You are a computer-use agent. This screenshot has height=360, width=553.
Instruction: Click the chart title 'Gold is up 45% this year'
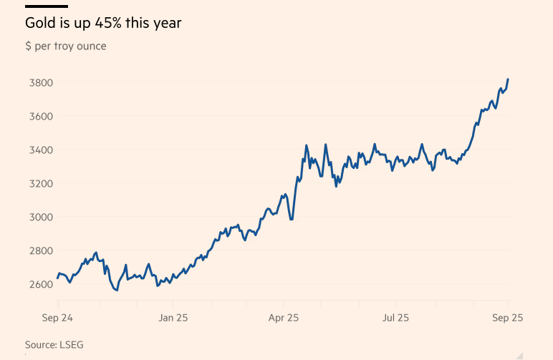click(x=103, y=24)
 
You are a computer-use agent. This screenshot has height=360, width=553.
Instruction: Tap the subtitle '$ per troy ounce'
click(x=65, y=47)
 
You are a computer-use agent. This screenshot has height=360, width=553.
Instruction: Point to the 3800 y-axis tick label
click(x=39, y=82)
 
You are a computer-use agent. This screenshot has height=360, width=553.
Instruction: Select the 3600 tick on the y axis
click(x=39, y=116)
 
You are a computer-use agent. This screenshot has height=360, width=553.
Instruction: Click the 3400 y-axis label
click(x=39, y=150)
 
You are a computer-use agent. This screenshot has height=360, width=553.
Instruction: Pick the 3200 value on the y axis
click(x=39, y=183)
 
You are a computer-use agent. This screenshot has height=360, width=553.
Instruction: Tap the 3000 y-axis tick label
click(x=39, y=217)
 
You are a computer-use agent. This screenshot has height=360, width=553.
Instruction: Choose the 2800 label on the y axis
click(x=39, y=250)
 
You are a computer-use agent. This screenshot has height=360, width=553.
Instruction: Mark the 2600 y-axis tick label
click(x=39, y=284)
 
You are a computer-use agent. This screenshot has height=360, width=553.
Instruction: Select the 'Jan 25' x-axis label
click(x=173, y=316)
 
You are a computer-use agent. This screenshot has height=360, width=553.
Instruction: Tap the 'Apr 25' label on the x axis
click(x=284, y=316)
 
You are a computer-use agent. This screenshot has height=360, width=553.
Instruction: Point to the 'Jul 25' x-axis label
click(x=395, y=316)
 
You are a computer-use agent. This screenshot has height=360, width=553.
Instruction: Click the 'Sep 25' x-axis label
click(x=506, y=316)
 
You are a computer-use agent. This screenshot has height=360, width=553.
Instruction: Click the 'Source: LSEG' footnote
click(x=54, y=344)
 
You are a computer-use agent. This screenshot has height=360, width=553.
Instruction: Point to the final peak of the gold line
click(x=508, y=79)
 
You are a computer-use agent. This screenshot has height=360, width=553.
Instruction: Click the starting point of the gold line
click(x=58, y=278)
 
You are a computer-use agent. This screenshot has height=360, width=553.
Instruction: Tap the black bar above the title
click(x=47, y=6)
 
